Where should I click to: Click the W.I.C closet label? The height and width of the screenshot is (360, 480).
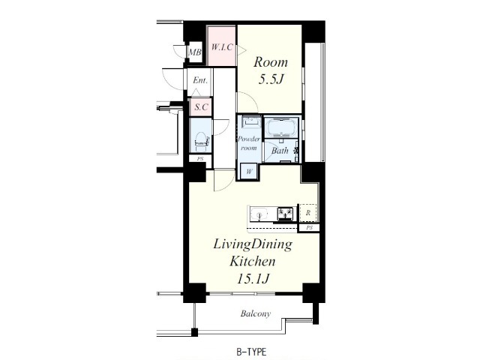(222, 47)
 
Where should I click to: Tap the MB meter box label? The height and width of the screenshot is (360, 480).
(195, 52)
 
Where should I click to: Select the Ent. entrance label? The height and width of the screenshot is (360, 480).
(200, 80)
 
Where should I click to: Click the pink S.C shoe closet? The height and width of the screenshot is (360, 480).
(201, 107)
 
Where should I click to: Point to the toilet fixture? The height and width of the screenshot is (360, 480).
(201, 142)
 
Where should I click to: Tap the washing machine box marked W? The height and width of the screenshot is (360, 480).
(250, 172)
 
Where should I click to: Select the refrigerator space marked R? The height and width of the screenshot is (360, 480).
(308, 212)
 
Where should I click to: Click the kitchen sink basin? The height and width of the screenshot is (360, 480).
(259, 213)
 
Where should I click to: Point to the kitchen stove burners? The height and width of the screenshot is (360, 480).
(285, 213)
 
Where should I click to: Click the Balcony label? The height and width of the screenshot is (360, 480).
(256, 313)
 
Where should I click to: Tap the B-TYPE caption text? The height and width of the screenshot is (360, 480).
(251, 352)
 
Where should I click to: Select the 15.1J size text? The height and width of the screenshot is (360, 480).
(253, 278)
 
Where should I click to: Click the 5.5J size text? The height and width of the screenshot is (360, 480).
(271, 79)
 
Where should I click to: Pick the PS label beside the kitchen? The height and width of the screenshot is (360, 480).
(310, 228)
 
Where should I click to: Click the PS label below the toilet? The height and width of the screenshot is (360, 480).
(200, 159)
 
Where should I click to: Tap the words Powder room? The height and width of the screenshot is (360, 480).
(249, 143)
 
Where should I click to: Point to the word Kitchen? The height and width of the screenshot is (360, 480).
(253, 262)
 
